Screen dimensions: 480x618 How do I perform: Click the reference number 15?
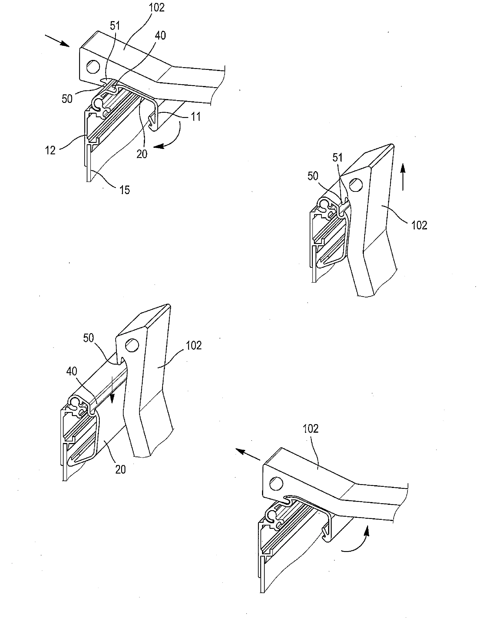[x=124, y=190]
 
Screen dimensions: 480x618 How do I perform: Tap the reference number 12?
[x=50, y=150]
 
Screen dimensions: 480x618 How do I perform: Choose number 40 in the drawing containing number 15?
[x=160, y=36]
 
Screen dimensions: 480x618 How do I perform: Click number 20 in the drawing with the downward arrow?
[x=120, y=470]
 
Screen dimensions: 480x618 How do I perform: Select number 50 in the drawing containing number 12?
[x=67, y=99]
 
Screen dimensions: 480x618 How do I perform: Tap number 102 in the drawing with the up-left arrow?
[x=311, y=429]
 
